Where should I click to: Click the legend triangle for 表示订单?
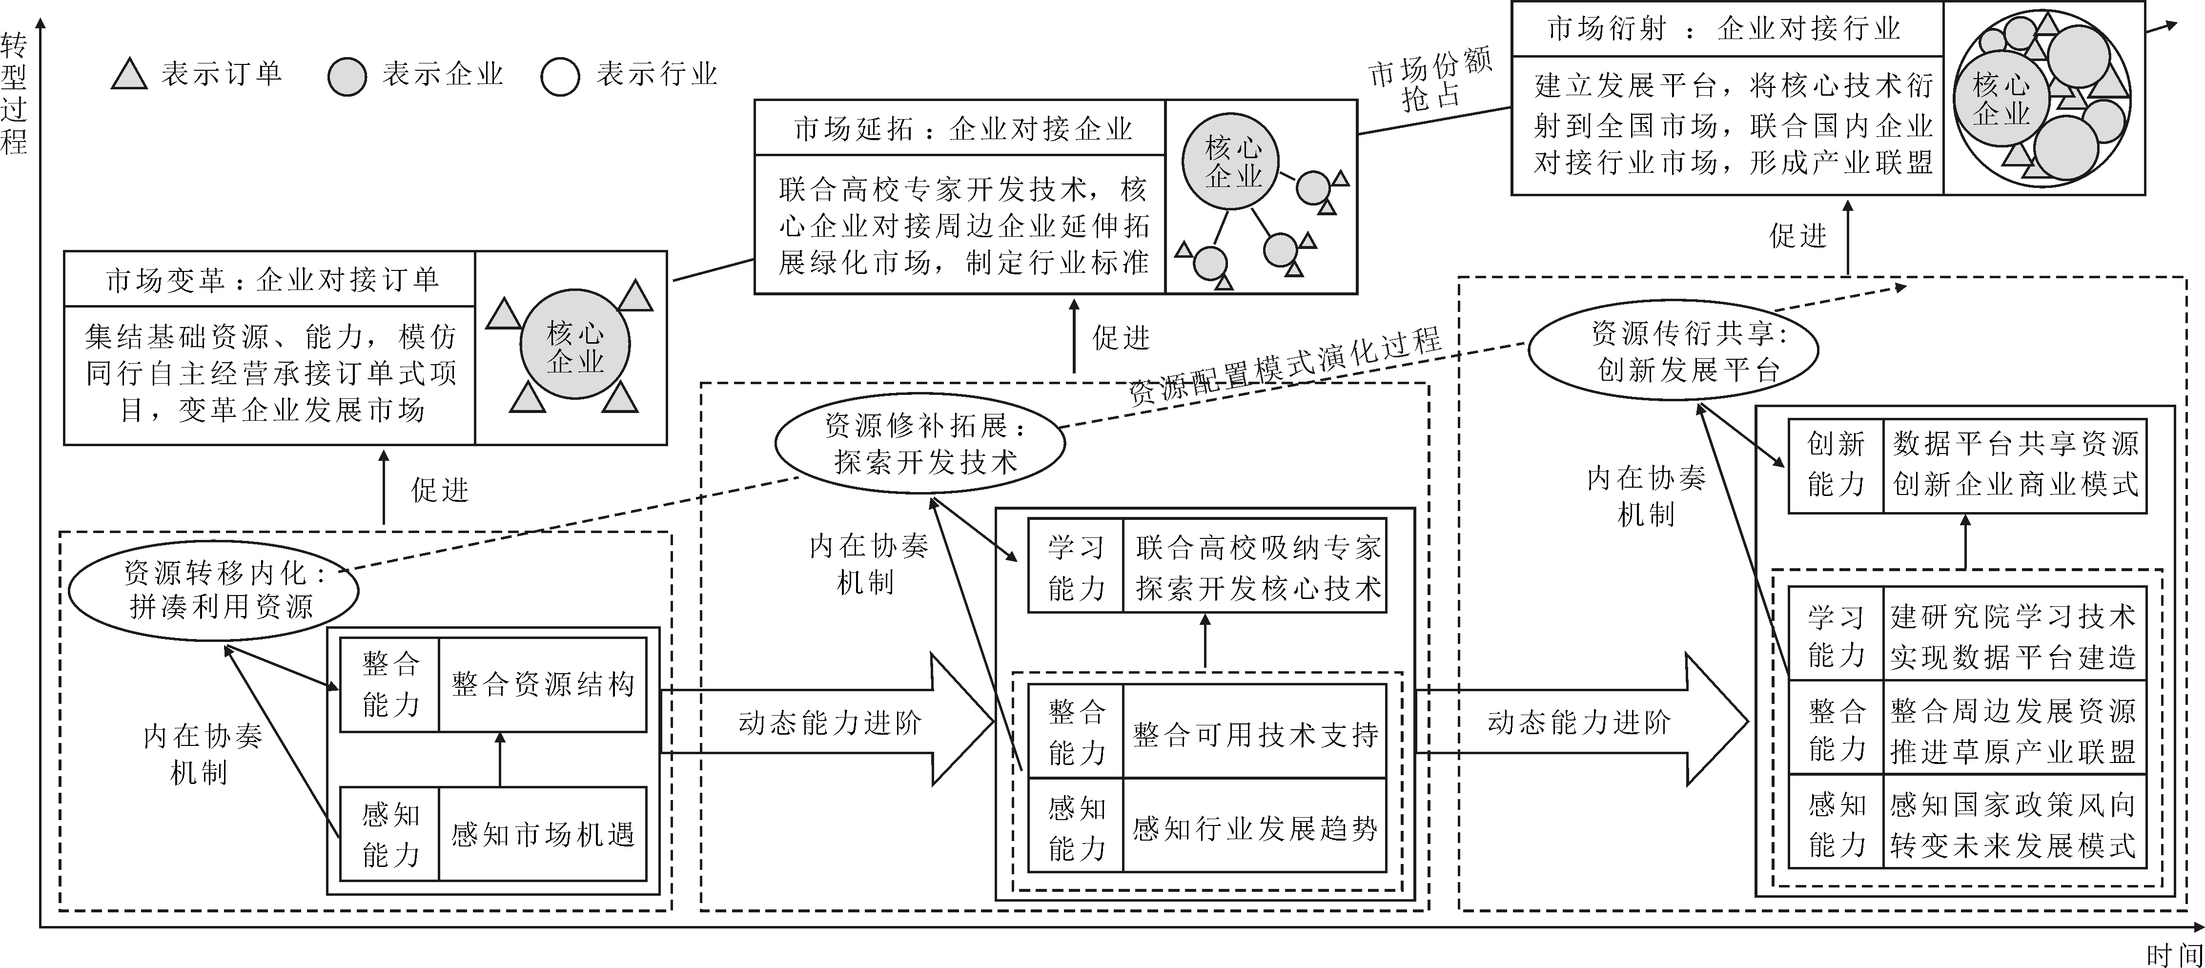130,76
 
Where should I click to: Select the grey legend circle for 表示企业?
347,77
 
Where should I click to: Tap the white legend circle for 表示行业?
561,77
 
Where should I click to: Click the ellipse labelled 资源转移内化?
213,591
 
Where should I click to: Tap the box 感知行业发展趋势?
1254,827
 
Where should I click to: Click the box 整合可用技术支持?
1254,734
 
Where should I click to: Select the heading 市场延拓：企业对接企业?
961,128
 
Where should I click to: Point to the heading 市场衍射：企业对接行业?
1727,29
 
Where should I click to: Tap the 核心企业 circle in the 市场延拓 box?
1233,162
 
